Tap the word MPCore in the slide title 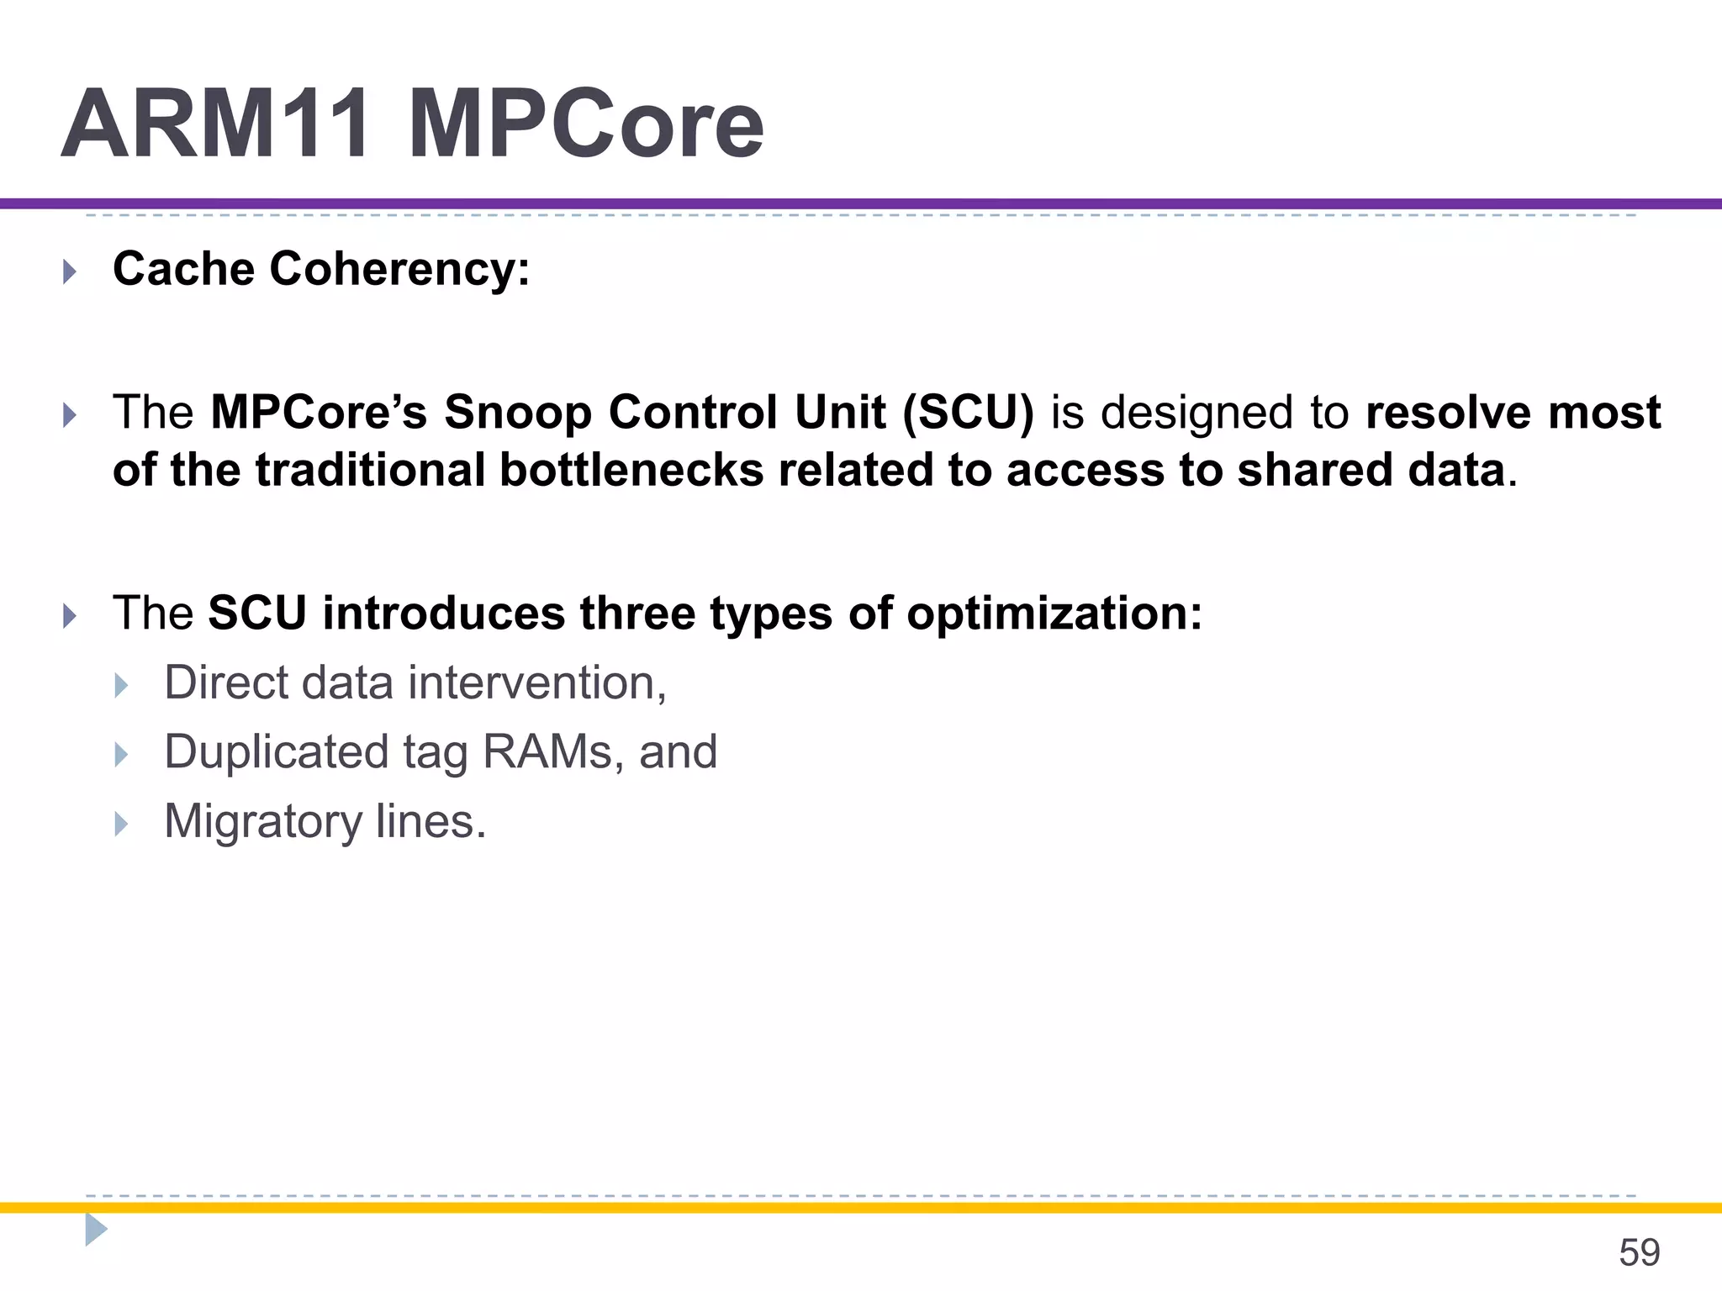coord(586,124)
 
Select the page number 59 coord(1639,1252)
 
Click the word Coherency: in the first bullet coord(399,269)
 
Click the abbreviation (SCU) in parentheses coord(968,413)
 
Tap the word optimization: coord(1054,613)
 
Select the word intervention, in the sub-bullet coord(538,682)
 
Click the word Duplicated coord(276,751)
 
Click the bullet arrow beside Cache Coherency coord(70,271)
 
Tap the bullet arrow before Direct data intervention coord(121,685)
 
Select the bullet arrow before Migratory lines coord(121,824)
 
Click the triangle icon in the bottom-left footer coord(96,1230)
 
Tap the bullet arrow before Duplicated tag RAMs coord(121,754)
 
